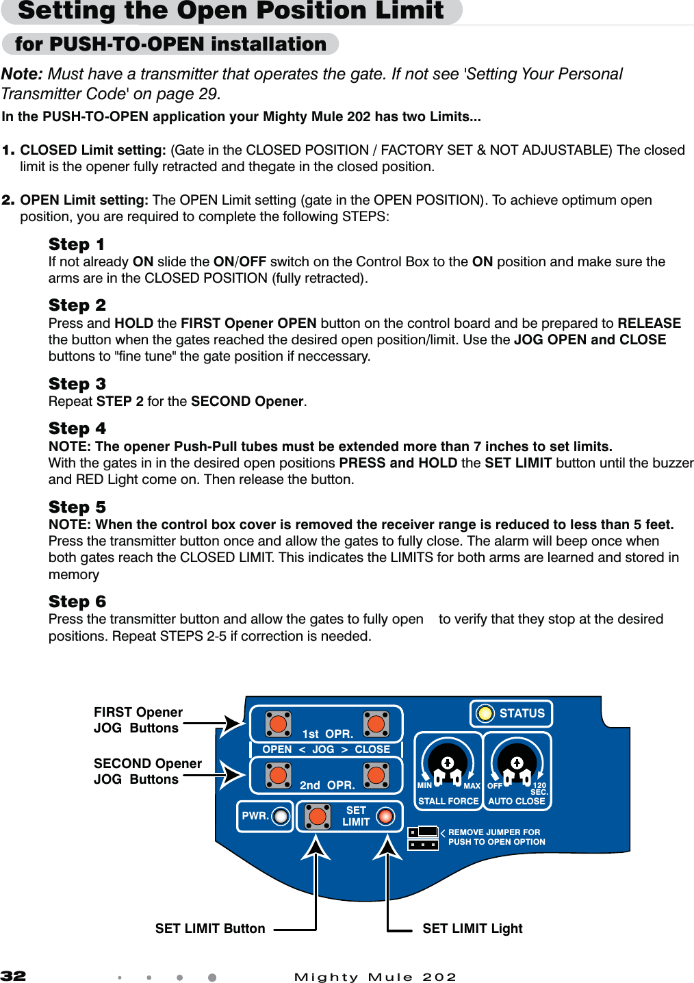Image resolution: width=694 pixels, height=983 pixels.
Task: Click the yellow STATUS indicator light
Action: click(x=485, y=713)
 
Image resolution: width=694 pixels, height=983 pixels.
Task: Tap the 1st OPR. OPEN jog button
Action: click(x=279, y=723)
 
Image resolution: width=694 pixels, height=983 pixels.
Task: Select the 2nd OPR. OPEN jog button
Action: click(x=279, y=775)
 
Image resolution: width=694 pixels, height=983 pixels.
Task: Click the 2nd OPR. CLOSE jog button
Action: click(x=376, y=775)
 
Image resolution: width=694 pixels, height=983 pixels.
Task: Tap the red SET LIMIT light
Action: click(x=386, y=816)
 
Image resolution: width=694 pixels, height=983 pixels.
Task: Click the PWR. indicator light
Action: click(x=281, y=816)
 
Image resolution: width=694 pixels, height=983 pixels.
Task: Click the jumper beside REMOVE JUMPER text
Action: click(x=423, y=838)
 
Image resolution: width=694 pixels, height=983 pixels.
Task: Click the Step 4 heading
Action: click(x=77, y=429)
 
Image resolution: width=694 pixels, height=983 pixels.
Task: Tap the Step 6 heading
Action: click(x=77, y=602)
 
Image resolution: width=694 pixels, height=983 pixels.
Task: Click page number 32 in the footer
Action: click(x=14, y=975)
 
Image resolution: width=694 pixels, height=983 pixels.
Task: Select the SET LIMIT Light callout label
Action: click(x=472, y=928)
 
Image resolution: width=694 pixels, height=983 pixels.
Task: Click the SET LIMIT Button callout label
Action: click(x=210, y=928)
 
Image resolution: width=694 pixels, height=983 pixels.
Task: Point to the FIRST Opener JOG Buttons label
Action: click(x=138, y=720)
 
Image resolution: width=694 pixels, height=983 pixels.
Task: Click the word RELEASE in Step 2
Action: click(x=649, y=323)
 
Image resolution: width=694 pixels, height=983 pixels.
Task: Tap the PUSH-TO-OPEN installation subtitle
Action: click(x=170, y=44)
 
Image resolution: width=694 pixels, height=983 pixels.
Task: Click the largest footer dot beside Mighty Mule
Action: click(x=212, y=978)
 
